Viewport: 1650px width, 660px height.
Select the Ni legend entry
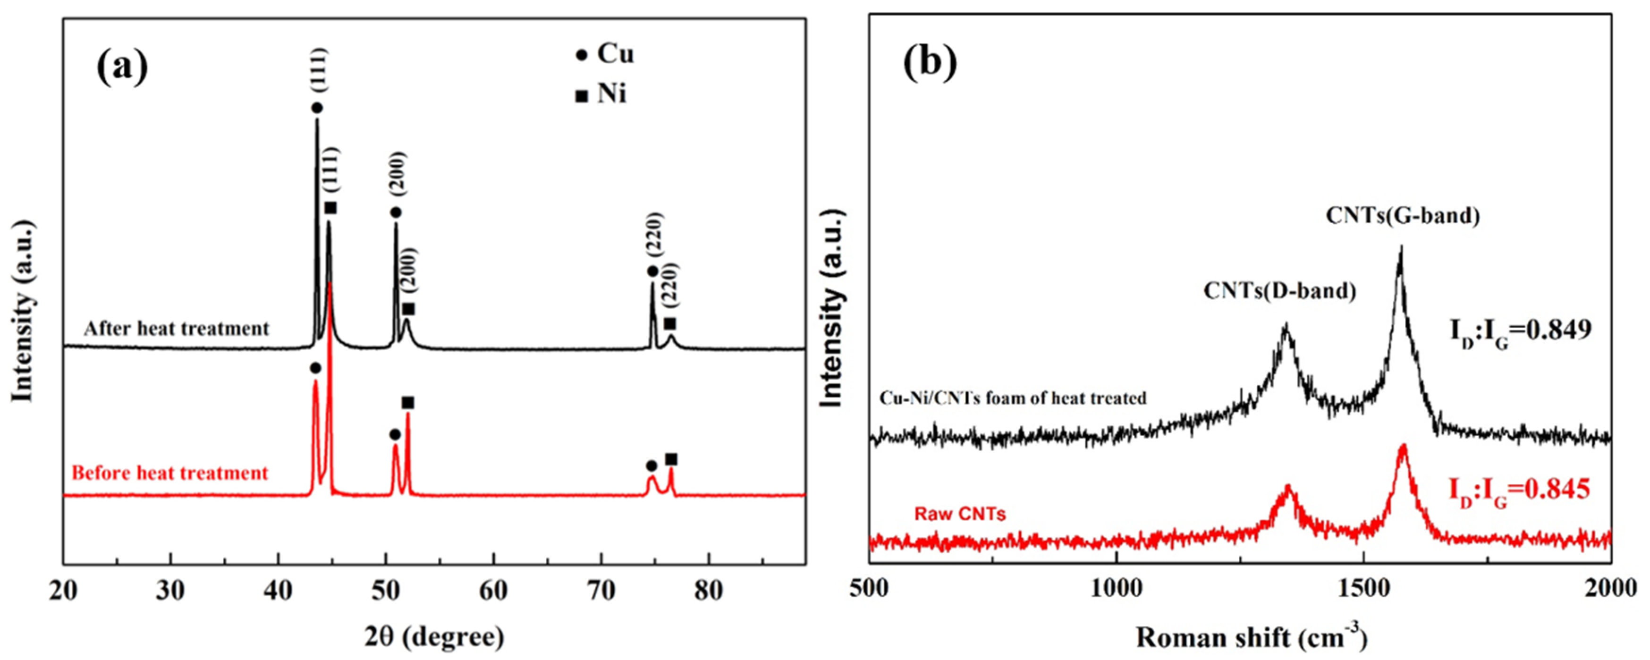[601, 95]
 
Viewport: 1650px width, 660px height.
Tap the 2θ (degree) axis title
[434, 635]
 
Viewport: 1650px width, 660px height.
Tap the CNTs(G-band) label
[1402, 215]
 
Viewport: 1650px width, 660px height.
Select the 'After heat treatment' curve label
[176, 329]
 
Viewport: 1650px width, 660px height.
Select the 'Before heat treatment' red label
[170, 474]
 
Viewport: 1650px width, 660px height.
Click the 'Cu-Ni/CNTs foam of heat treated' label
[1012, 398]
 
